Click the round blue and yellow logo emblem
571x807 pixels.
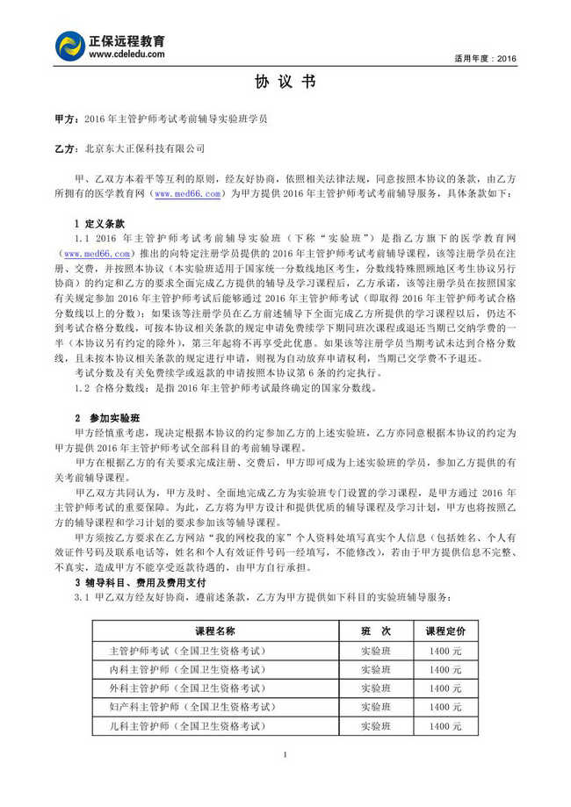click(69, 47)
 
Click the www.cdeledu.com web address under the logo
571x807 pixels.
click(126, 54)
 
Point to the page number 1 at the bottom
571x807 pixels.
click(285, 756)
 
